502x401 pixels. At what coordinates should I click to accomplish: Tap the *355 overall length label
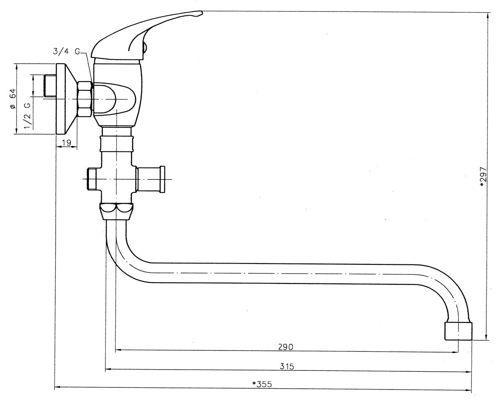click(262, 384)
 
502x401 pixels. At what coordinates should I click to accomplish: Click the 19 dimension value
click(66, 143)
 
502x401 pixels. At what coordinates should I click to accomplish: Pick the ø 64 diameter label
click(13, 99)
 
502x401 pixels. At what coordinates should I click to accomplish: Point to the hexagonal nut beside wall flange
click(85, 99)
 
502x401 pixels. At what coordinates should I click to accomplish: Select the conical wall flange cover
click(66, 99)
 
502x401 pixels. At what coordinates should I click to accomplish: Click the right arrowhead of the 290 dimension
click(456, 350)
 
